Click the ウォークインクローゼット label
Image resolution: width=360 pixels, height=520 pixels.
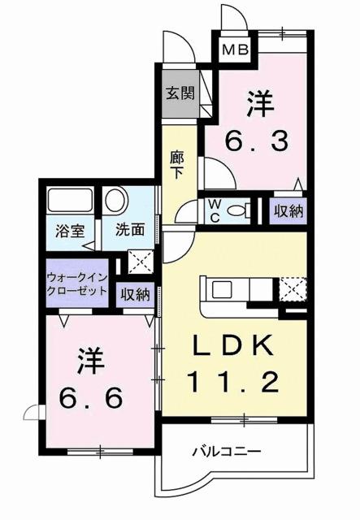click(77, 283)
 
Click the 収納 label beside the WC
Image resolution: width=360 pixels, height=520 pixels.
click(288, 211)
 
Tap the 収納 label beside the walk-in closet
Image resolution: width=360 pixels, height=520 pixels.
click(135, 294)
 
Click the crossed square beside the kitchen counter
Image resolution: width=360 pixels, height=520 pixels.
click(292, 289)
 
